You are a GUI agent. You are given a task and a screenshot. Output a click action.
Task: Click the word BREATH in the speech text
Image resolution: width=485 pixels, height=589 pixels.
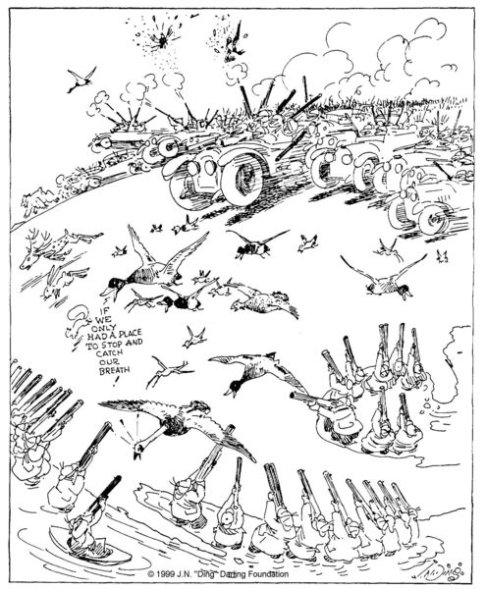114,370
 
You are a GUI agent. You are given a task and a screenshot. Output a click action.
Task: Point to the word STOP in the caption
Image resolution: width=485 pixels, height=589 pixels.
112,344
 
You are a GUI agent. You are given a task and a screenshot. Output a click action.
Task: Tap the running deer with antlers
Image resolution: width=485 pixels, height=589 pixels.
56,247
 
